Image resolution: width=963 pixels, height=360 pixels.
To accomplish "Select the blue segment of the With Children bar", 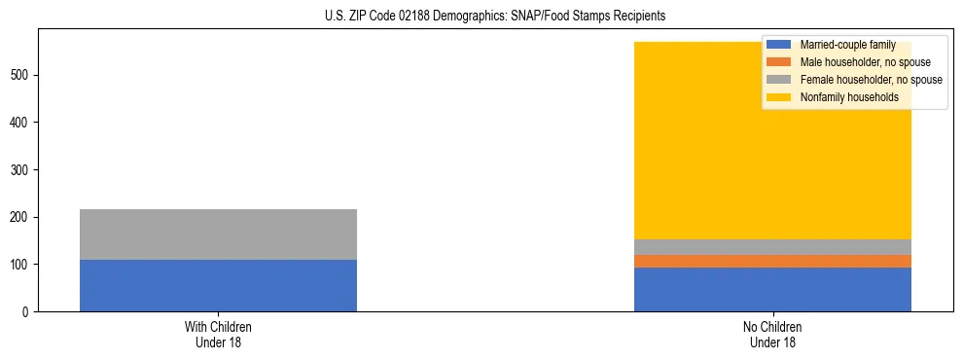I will (218, 285).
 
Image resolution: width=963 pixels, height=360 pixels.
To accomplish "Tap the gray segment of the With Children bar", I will (218, 234).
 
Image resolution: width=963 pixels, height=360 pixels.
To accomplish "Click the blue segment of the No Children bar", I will (772, 289).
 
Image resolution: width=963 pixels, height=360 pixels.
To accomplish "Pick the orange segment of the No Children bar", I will (772, 261).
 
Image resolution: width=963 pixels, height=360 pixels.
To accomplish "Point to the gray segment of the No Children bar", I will (772, 247).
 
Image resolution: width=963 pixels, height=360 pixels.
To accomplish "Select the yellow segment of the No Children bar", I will (681, 146).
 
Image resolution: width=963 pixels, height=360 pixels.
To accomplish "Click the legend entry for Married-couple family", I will (846, 45).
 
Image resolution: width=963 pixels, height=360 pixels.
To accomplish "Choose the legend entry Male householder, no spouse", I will (865, 62).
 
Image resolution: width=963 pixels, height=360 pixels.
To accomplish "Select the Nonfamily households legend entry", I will (849, 97).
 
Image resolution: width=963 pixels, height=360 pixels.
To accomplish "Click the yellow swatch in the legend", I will (779, 97).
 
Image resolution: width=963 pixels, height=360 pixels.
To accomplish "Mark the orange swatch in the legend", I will (779, 62).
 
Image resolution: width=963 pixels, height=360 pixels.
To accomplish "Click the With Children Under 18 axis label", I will (218, 335).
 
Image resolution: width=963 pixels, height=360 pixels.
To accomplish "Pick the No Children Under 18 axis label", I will (772, 335).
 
